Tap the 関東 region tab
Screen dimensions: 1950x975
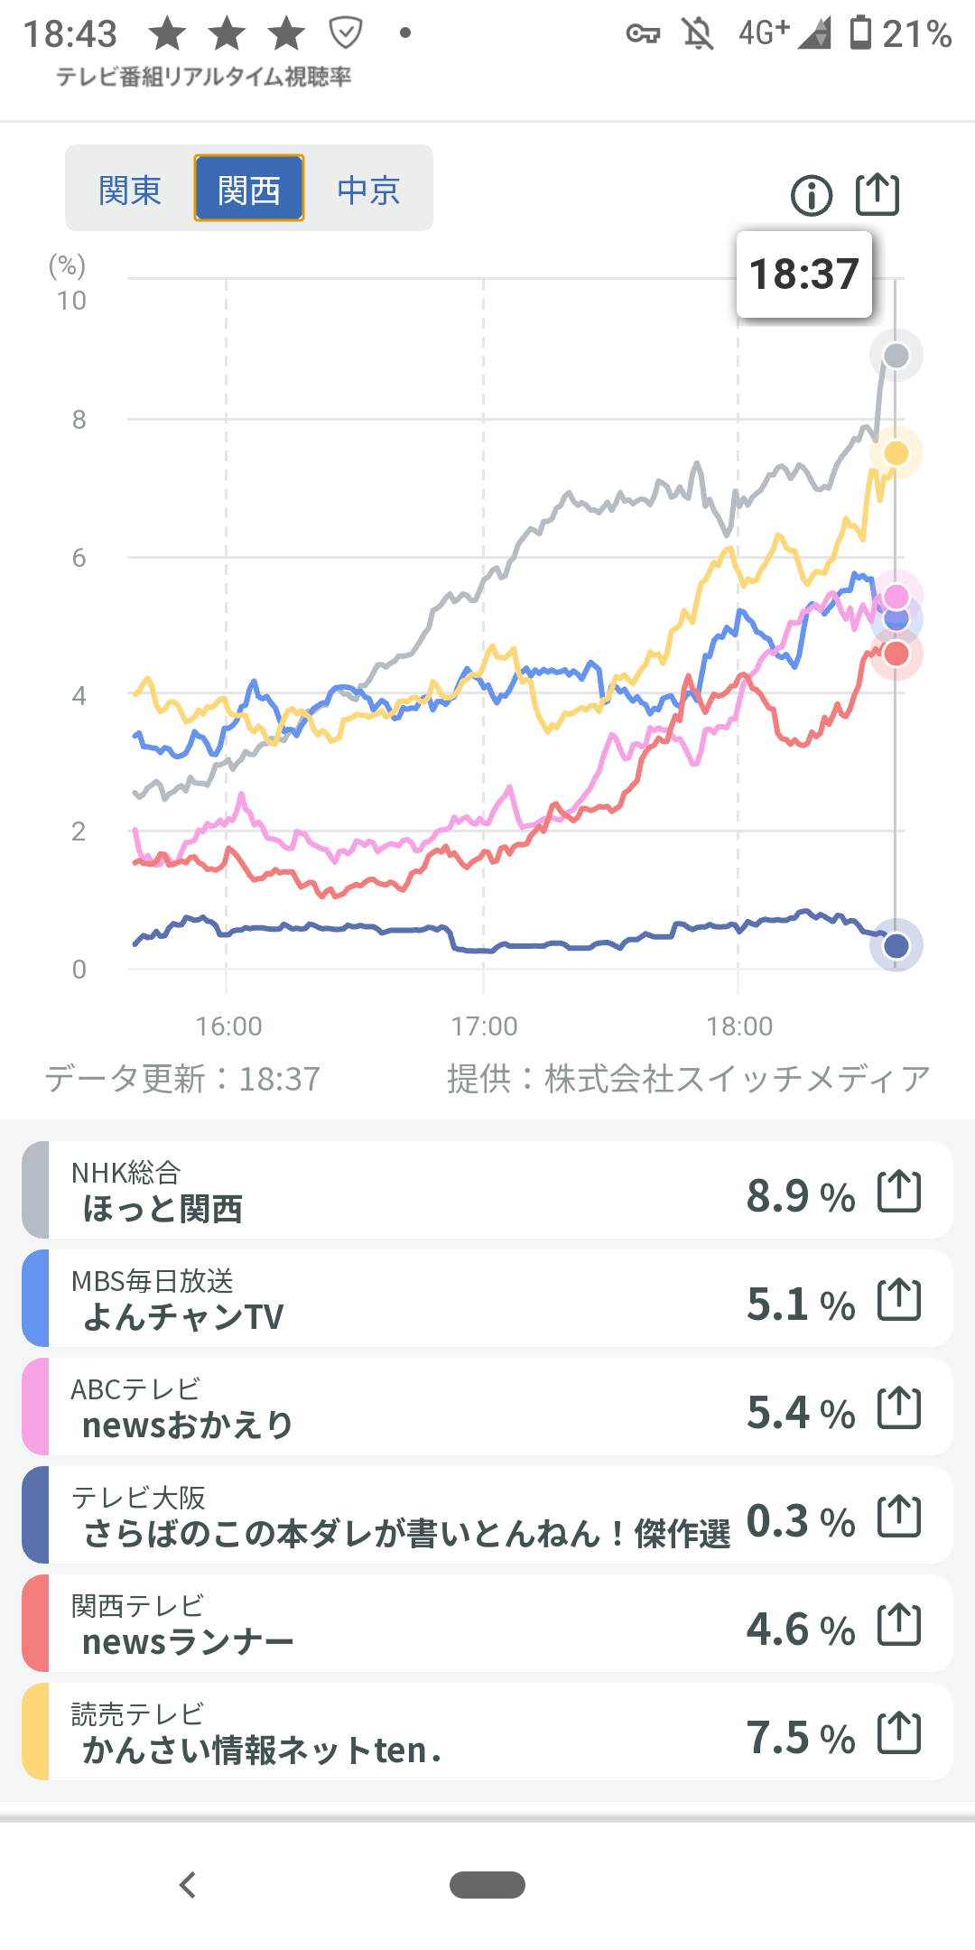pyautogui.click(x=130, y=190)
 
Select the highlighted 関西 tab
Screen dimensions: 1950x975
pyautogui.click(x=249, y=190)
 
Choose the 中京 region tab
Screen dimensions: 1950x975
pyautogui.click(x=368, y=190)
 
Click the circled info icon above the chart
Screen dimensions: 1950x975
pyautogui.click(x=811, y=195)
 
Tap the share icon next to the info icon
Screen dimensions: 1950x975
pyautogui.click(x=877, y=193)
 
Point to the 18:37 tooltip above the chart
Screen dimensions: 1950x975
pyautogui.click(x=803, y=274)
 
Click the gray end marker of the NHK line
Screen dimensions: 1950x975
pyautogui.click(x=896, y=356)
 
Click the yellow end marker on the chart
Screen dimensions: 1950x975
pyautogui.click(x=896, y=453)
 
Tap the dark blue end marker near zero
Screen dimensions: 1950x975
pyautogui.click(x=896, y=945)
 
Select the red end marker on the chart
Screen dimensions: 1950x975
pyautogui.click(x=896, y=654)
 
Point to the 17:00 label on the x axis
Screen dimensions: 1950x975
pyautogui.click(x=484, y=1026)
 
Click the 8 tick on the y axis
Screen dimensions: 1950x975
pyautogui.click(x=79, y=420)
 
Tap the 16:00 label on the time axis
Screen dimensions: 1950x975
pyautogui.click(x=228, y=1026)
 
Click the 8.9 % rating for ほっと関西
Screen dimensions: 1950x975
pyautogui.click(x=800, y=1196)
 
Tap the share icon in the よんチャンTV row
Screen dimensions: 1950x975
pyautogui.click(x=899, y=1300)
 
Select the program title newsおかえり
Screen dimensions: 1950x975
pyautogui.click(x=188, y=1425)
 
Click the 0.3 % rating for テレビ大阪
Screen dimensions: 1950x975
pyautogui.click(x=800, y=1521)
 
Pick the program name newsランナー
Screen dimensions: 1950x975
pyautogui.click(x=188, y=1642)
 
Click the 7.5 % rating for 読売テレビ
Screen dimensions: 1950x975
pyautogui.click(x=800, y=1738)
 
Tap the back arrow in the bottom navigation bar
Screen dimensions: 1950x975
pyautogui.click(x=188, y=1885)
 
